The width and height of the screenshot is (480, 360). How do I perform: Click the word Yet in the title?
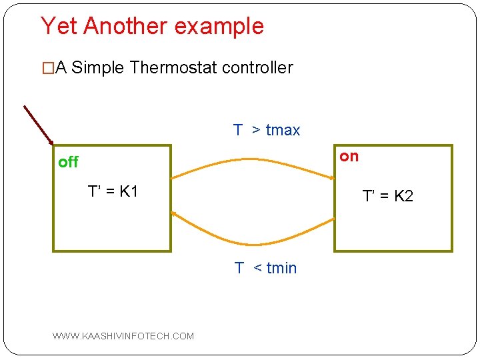point(59,26)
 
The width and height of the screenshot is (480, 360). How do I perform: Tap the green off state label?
point(68,162)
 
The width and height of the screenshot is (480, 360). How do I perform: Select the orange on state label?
point(349,156)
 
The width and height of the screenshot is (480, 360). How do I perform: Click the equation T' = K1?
point(113,192)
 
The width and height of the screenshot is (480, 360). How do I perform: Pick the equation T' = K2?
point(387,196)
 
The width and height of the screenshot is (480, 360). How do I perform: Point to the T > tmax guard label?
point(267,130)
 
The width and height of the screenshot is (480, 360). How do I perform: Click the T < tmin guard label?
point(265,268)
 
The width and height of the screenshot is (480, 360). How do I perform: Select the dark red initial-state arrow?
point(39,125)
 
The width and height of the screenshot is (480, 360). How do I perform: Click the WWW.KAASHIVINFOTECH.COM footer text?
point(123,336)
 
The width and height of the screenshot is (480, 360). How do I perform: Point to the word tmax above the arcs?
point(283,130)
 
